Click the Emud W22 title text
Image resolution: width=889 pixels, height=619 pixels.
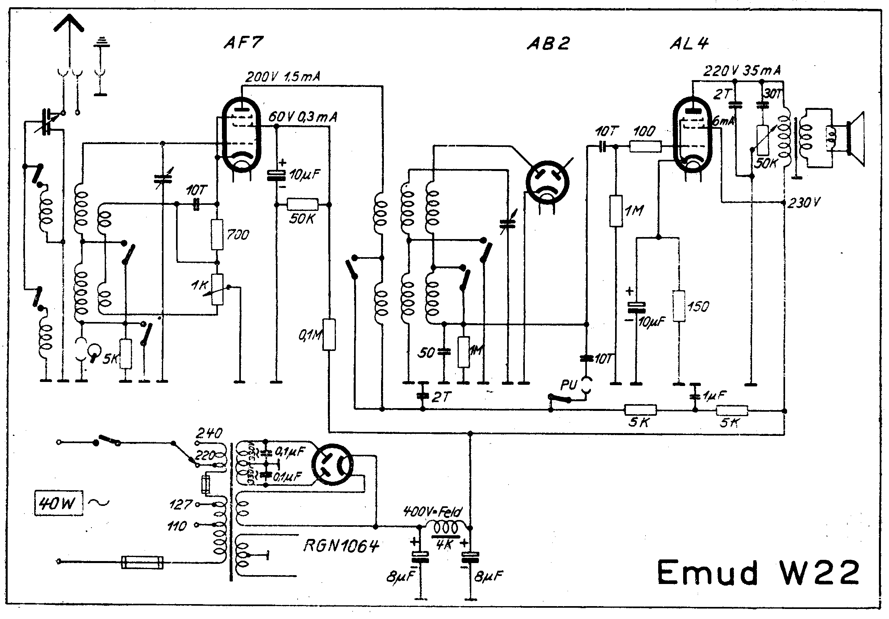758,573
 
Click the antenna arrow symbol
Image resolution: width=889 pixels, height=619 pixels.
69,24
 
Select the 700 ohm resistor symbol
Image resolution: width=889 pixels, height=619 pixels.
217,235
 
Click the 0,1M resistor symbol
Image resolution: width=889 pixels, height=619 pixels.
329,334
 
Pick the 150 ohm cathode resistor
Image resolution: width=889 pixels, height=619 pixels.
679,306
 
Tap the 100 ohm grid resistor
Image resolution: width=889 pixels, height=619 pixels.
645,147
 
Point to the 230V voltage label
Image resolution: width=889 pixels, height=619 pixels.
803,203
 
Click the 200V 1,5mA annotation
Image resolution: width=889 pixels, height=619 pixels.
282,77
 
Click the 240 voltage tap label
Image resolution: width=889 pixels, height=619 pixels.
209,433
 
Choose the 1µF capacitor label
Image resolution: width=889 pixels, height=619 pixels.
715,396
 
